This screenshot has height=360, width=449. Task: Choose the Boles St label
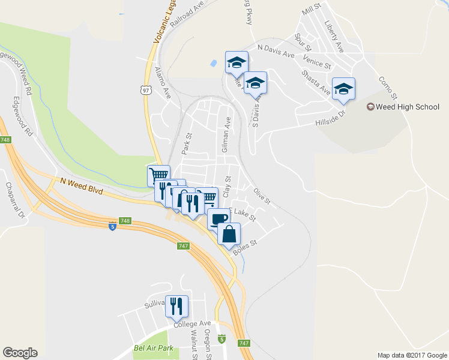[244, 247]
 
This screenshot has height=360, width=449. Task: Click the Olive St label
[262, 196]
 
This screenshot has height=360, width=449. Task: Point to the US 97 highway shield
[146, 90]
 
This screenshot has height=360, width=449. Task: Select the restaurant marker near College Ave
[176, 307]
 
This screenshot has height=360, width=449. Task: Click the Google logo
[20, 353]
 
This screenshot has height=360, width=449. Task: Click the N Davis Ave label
[276, 51]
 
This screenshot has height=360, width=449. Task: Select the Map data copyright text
[412, 355]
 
